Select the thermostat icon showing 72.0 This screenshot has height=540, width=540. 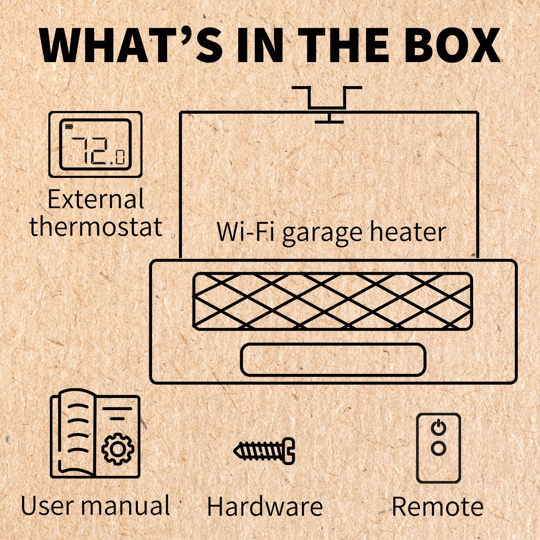pos(95,144)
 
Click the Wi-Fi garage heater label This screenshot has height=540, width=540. pos(331,232)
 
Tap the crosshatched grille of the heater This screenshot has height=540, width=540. pos(332,301)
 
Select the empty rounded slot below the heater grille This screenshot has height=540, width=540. pos(333,360)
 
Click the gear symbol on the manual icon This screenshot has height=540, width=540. pos(118,449)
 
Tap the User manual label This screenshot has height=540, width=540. pos(96,506)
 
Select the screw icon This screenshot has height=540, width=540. pos(265,451)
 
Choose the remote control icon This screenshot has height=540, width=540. pos(438,448)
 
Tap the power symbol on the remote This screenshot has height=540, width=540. pos(438,428)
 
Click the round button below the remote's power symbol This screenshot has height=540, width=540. pos(438,448)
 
